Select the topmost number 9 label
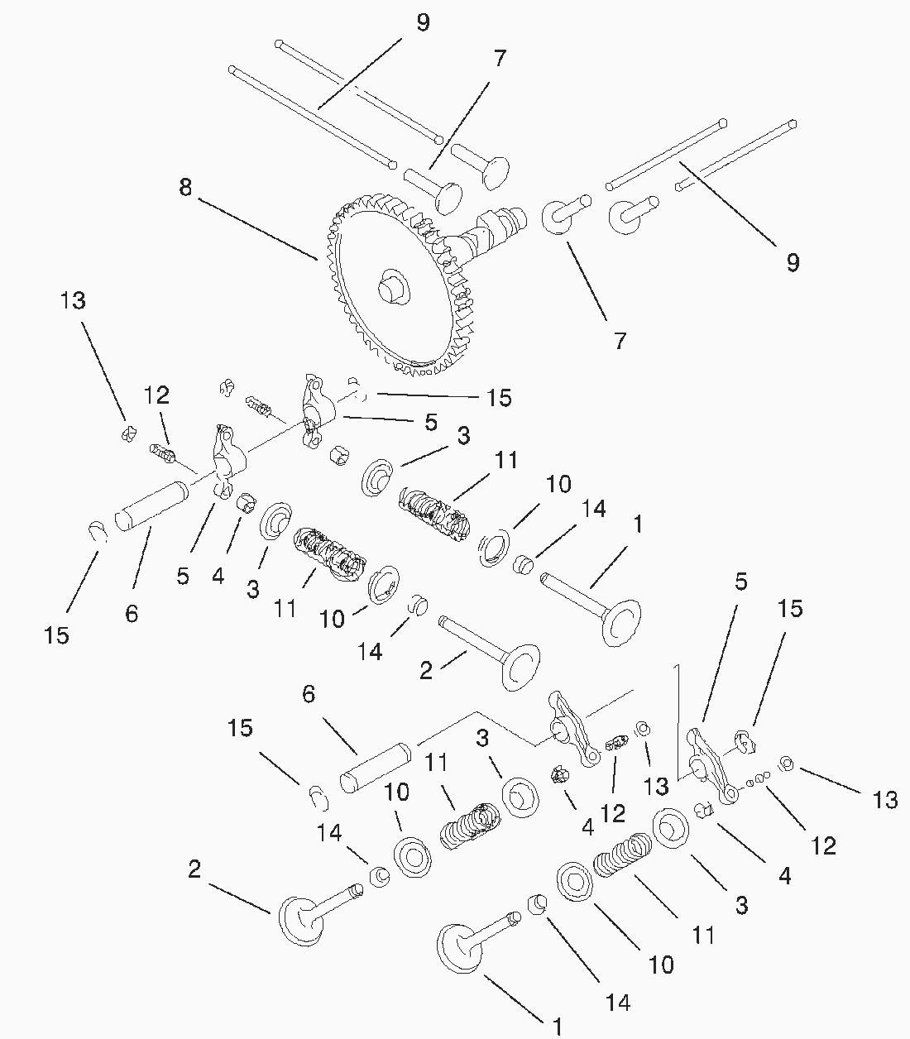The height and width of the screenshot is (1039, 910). click(423, 22)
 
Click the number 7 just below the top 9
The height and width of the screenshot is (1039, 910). click(500, 59)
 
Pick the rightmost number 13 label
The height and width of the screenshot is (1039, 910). click(884, 800)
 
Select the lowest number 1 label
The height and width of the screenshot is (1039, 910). click(558, 1027)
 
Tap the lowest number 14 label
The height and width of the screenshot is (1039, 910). click(617, 1002)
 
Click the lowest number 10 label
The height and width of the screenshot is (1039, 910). click(662, 965)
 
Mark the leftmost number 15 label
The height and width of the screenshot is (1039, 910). click(57, 635)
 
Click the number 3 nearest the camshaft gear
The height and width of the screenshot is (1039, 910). click(462, 436)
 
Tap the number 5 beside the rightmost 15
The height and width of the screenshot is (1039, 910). click(740, 582)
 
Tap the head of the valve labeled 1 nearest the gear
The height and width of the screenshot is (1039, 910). click(620, 621)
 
